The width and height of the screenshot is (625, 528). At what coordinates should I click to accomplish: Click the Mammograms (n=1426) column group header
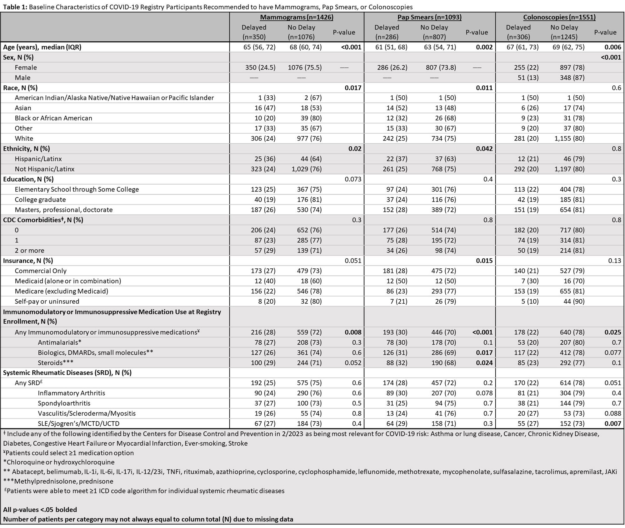click(x=296, y=17)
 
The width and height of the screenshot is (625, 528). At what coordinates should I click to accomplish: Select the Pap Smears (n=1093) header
click(x=429, y=17)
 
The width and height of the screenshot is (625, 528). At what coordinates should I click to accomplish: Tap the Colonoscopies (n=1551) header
click(x=559, y=17)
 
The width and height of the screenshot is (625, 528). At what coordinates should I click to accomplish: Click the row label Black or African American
click(x=53, y=118)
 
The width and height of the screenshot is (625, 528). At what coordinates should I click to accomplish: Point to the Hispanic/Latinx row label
click(x=38, y=159)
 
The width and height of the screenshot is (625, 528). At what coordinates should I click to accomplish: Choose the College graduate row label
click(x=40, y=199)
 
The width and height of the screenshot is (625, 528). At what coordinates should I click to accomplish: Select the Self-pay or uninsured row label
click(x=47, y=301)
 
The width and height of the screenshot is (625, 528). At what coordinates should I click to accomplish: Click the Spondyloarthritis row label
click(x=64, y=403)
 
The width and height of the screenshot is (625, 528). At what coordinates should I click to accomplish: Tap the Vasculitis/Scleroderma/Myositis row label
click(x=87, y=413)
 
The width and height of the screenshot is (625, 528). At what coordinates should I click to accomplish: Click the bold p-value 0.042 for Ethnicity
click(x=484, y=149)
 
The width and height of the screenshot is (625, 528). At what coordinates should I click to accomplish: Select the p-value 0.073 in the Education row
click(x=353, y=179)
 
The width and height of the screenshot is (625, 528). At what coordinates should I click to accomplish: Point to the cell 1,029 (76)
click(x=305, y=169)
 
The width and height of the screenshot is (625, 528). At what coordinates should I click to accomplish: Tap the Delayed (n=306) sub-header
click(x=518, y=32)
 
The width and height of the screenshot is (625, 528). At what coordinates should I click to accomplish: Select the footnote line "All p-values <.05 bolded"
click(x=40, y=510)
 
